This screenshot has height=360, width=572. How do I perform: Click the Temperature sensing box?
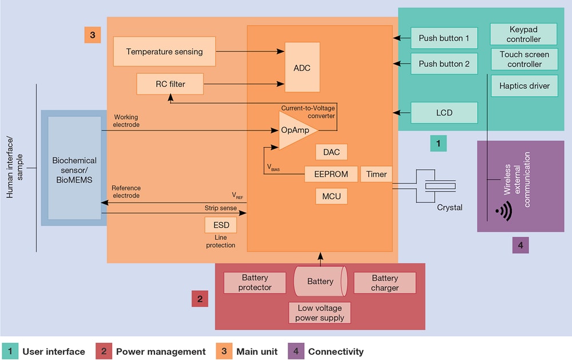[164, 52]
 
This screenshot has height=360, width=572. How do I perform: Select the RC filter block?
[170, 84]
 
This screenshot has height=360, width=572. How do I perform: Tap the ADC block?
[302, 68]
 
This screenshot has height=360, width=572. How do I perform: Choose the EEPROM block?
[331, 174]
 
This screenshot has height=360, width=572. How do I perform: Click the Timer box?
[376, 174]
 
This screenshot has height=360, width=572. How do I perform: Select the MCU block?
[331, 196]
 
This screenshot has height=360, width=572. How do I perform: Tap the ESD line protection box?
[220, 225]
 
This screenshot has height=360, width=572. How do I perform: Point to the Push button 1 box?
[444, 38]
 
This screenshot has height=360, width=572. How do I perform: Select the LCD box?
[444, 113]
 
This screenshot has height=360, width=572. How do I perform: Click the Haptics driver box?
[524, 86]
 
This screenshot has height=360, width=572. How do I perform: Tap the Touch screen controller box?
[524, 59]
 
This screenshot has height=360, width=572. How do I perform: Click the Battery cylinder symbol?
[320, 281]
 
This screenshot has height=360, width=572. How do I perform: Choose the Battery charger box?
[384, 283]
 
